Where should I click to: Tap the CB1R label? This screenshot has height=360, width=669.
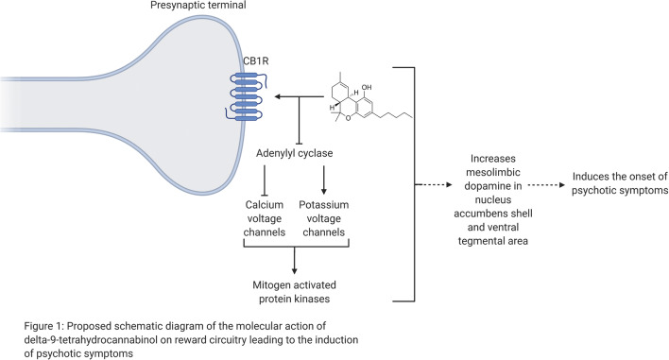[x=246, y=67]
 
